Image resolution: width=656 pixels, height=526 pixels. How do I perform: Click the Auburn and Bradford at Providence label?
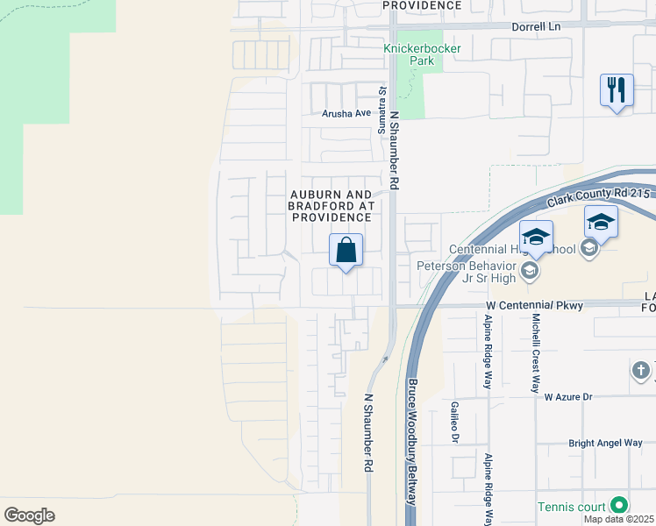[332, 205]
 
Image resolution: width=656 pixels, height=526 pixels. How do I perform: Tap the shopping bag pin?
[346, 250]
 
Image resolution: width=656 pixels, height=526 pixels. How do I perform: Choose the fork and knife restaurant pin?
[617, 90]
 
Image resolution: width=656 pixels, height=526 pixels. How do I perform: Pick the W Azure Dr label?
[568, 397]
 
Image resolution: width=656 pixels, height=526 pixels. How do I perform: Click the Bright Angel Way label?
[605, 444]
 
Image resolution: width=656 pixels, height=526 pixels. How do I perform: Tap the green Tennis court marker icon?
[619, 505]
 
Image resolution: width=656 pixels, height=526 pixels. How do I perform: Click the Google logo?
[29, 515]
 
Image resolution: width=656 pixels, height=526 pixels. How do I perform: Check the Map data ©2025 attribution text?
[619, 520]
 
